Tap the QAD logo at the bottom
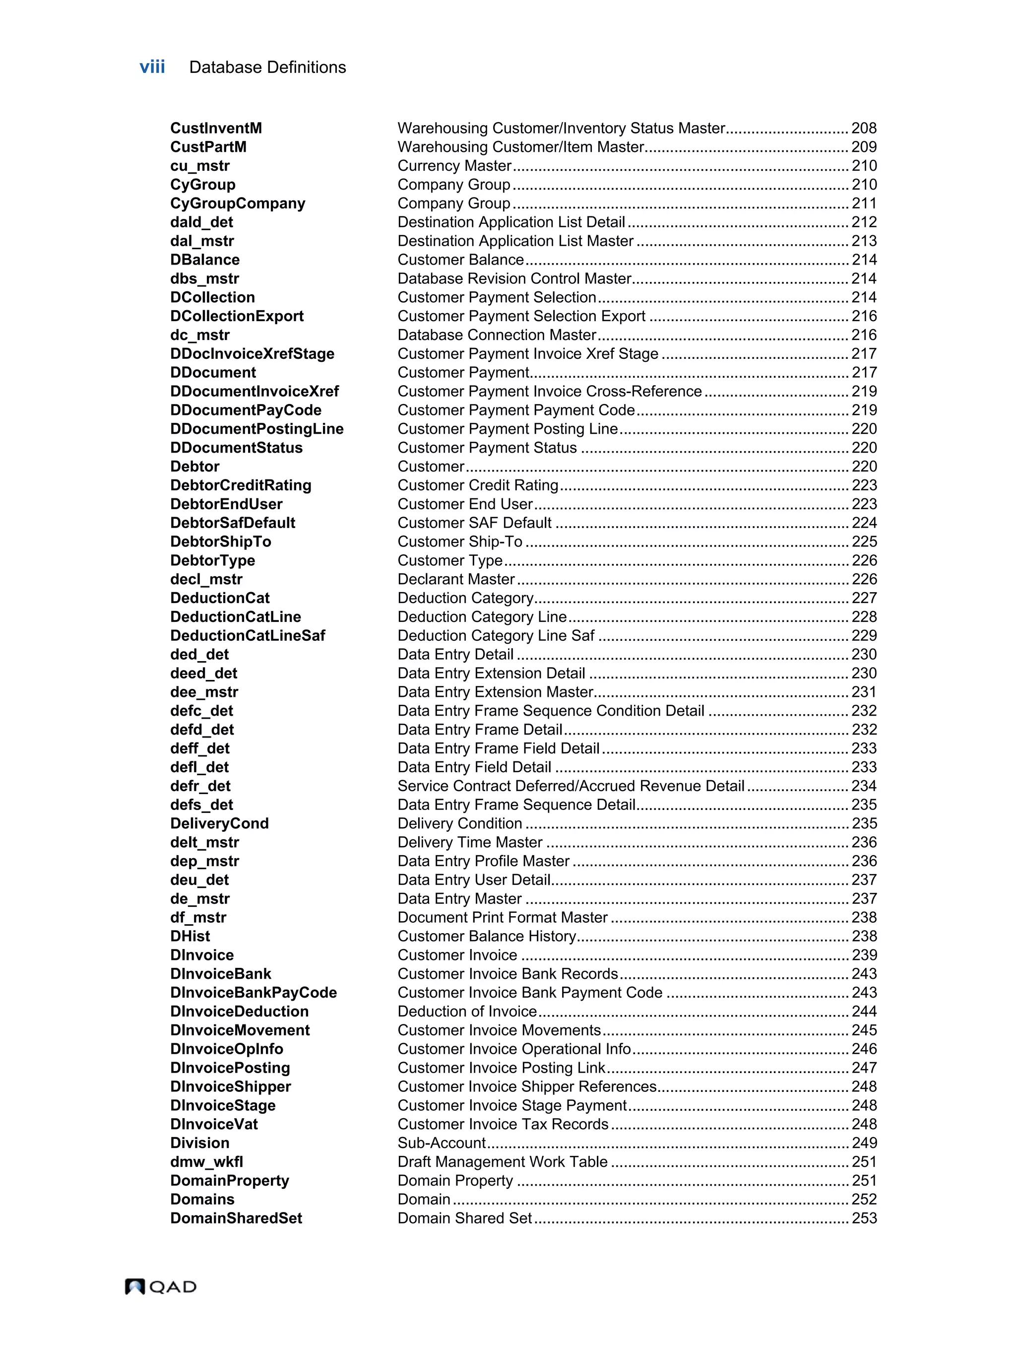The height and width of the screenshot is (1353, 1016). [161, 1286]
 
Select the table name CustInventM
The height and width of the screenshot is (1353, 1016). [216, 128]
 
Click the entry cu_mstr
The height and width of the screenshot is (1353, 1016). [200, 166]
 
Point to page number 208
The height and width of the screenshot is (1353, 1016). [864, 128]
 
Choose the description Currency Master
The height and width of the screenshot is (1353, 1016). [454, 166]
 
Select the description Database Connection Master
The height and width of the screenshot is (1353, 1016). [497, 335]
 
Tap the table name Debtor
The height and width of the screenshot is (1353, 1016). [194, 466]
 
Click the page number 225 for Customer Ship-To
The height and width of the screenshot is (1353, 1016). [864, 541]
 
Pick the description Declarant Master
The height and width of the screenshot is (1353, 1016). [456, 579]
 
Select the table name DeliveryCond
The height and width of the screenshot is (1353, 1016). [219, 823]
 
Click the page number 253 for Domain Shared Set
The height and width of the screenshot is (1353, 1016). [864, 1218]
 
